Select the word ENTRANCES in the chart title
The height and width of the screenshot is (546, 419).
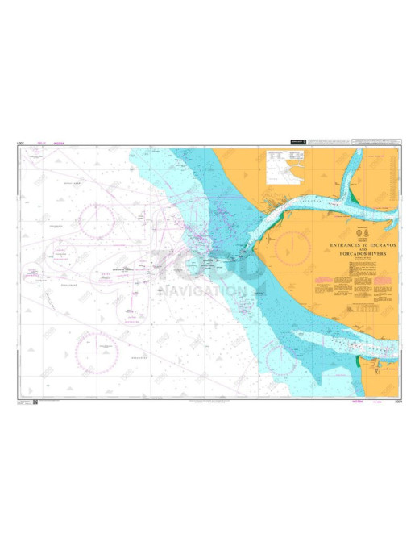point(344,245)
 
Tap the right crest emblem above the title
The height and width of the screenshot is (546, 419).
point(367,235)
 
